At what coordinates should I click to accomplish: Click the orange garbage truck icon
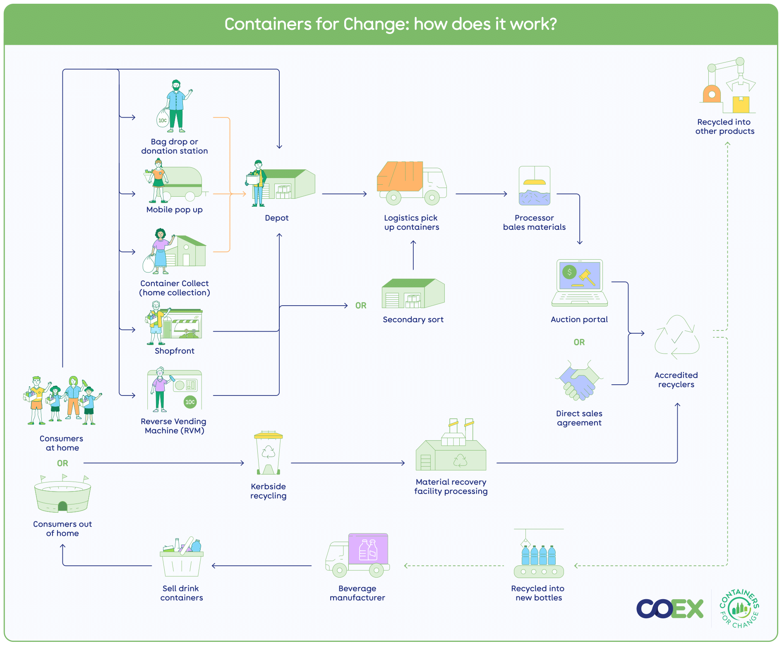point(411,183)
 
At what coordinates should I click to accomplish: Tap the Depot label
point(276,218)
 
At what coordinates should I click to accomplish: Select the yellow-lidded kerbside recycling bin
point(269,453)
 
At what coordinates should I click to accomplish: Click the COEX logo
point(670,608)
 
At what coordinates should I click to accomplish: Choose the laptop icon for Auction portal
point(579,283)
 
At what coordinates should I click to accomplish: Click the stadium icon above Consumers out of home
point(62,495)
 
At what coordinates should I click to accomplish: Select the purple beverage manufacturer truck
point(357,555)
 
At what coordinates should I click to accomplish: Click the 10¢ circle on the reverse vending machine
point(190,402)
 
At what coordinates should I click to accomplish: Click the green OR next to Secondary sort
point(361,306)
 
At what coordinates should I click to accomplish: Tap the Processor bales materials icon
point(535,186)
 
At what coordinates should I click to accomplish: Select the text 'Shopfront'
point(174,351)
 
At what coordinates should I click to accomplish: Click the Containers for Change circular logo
point(739,608)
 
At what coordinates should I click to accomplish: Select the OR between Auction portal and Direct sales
point(579,342)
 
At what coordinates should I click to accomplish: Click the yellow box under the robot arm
point(741,104)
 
